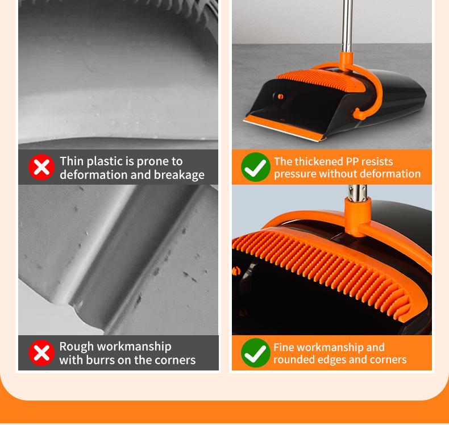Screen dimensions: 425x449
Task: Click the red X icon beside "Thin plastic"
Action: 41,167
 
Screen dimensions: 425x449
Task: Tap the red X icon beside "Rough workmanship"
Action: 41,353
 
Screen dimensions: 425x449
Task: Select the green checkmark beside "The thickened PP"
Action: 255,167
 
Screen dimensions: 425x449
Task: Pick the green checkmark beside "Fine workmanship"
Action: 255,353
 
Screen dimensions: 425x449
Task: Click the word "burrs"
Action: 102,360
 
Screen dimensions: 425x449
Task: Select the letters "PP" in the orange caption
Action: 354,161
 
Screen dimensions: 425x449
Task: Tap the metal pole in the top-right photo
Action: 345,28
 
